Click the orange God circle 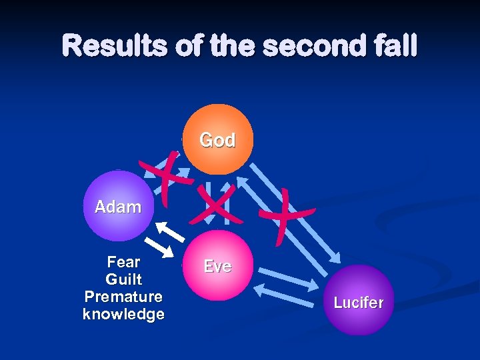pyautogui.click(x=217, y=139)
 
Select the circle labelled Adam pyautogui.click(x=119, y=206)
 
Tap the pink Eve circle pyautogui.click(x=217, y=266)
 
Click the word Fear pyautogui.click(x=124, y=262)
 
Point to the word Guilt pyautogui.click(x=124, y=279)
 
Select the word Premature pyautogui.click(x=124, y=297)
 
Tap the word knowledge pyautogui.click(x=124, y=314)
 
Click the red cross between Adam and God pyautogui.click(x=165, y=173)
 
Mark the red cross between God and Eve pyautogui.click(x=215, y=204)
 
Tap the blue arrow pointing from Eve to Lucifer pyautogui.click(x=289, y=277)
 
